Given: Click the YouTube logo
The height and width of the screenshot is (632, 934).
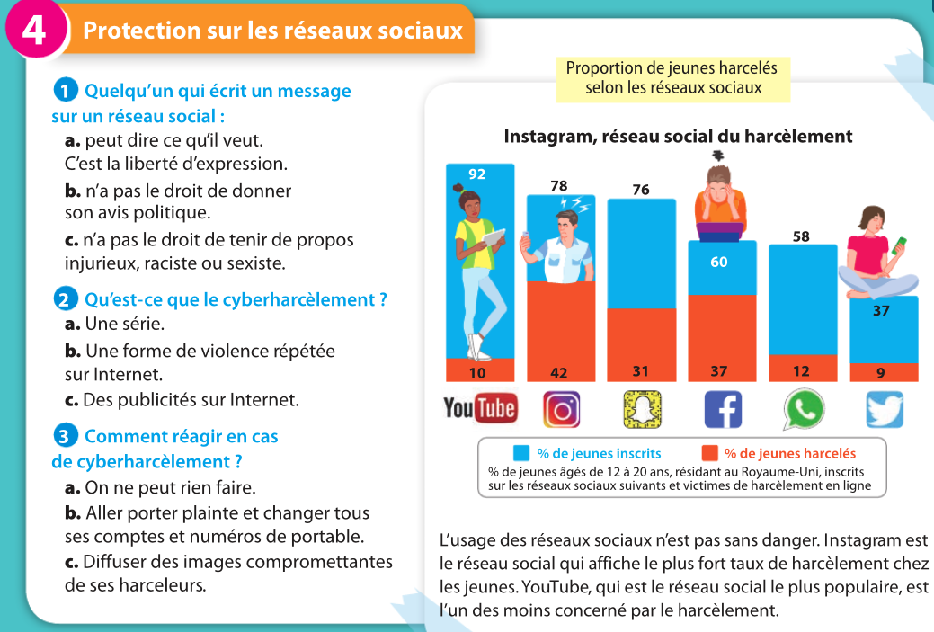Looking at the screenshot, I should tap(480, 409).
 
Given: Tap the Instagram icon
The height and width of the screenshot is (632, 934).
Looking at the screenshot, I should tap(561, 410).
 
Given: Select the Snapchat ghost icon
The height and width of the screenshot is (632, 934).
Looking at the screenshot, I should tap(641, 410).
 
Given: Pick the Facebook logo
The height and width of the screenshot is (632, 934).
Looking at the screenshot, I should tap(722, 410).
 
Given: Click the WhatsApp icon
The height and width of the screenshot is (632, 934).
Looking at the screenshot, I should tap(803, 410).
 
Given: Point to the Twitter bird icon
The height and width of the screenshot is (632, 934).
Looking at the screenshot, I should tap(884, 410).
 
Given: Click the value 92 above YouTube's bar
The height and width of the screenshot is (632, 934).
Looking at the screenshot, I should tap(477, 174).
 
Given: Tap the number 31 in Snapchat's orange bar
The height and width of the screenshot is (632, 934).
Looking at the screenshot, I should tap(641, 371).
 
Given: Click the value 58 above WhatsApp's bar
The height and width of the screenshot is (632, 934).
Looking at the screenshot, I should tap(802, 236).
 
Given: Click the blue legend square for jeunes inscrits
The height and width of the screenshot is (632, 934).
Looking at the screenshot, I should tap(520, 453).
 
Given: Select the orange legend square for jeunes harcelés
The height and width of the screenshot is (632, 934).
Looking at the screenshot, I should tap(708, 453).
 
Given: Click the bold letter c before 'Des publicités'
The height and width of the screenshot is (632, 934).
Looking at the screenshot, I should tap(71, 399).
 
